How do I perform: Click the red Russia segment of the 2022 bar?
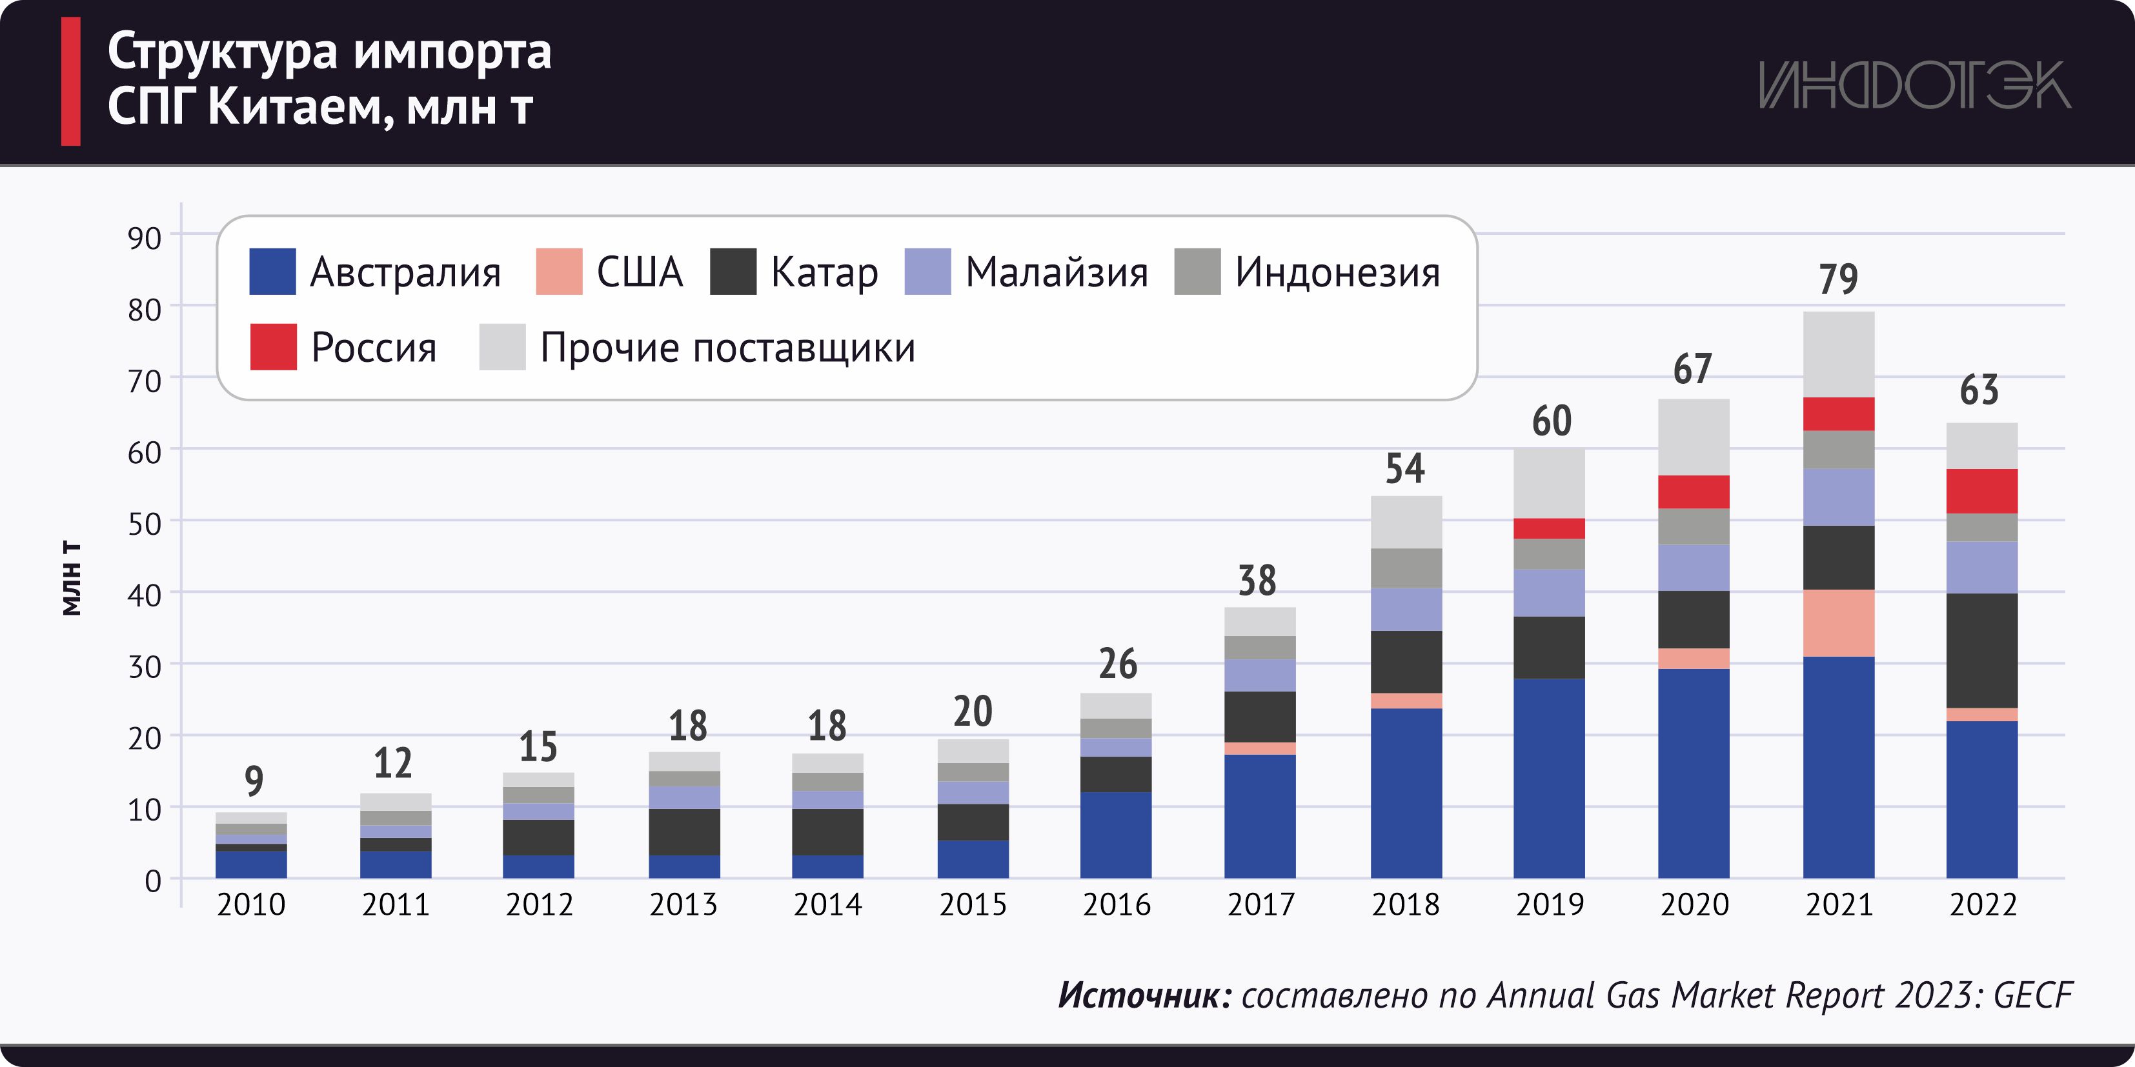(1981, 492)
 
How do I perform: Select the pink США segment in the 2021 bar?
(1838, 623)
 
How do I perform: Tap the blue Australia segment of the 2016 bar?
(1115, 834)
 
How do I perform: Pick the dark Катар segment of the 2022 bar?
(1981, 650)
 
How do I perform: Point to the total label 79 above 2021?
(1838, 279)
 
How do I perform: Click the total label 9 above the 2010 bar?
(254, 781)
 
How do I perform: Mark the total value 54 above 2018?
(1405, 469)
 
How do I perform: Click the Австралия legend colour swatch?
(272, 272)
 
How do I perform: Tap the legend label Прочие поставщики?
(727, 347)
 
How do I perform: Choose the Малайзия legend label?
(1057, 272)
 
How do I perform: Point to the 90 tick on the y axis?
(144, 239)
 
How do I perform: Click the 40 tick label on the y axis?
(144, 595)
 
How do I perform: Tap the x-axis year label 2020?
(1694, 904)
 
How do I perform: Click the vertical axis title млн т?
(72, 578)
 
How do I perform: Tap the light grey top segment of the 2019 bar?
(1549, 484)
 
